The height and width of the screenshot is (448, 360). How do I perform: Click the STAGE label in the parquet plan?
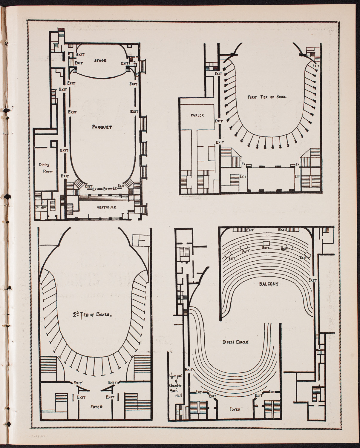point(100,61)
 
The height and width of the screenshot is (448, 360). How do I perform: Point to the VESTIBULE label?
point(106,207)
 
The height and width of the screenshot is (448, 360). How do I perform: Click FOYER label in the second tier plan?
point(95,407)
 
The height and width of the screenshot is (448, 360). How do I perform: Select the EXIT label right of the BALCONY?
point(312,280)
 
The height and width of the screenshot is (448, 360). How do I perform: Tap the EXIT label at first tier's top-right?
point(315,66)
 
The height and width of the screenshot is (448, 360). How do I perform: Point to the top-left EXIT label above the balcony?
point(250,230)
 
